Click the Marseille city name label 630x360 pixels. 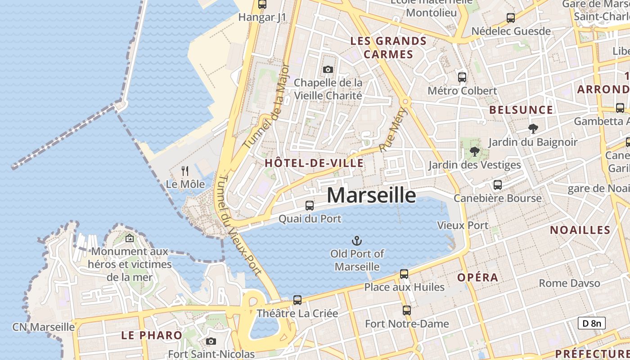click(371, 195)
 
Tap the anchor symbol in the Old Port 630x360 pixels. click(357, 241)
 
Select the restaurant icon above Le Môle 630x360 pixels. click(184, 171)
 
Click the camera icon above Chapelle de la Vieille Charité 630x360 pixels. click(328, 69)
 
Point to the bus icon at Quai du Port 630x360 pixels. click(310, 206)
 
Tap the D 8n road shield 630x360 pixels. click(591, 323)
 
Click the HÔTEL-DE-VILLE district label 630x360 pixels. click(314, 163)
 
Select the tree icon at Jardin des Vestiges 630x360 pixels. click(474, 152)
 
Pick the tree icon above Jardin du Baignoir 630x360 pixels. click(533, 129)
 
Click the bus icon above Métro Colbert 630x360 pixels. click(462, 77)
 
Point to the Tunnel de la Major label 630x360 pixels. click(267, 106)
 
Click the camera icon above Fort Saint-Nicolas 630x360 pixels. click(211, 341)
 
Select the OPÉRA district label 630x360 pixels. click(477, 277)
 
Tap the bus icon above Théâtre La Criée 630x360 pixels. click(297, 300)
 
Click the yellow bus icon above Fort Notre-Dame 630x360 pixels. click(407, 310)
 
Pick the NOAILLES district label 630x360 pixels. click(580, 230)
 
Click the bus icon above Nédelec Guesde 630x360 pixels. click(511, 18)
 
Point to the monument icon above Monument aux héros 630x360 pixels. click(130, 238)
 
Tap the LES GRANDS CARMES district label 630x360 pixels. click(388, 48)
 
